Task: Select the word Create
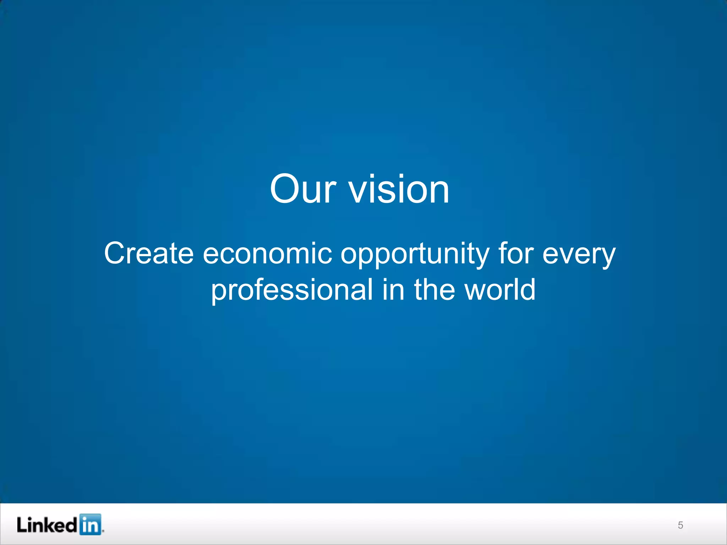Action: [149, 253]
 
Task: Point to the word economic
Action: [267, 253]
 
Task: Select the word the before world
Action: [434, 289]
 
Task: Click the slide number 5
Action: [680, 525]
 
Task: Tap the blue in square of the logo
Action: [90, 524]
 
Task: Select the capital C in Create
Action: [115, 253]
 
